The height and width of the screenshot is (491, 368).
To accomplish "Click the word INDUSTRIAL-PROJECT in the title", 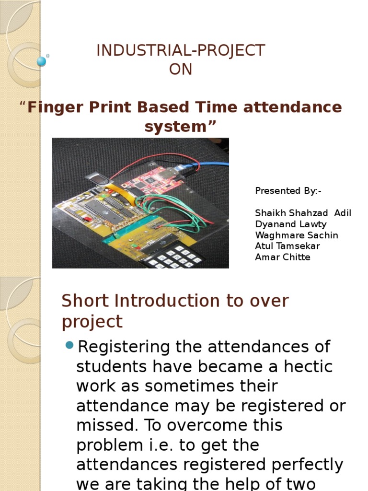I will pyautogui.click(x=180, y=50).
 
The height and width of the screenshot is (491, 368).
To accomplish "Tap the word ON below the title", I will pyautogui.click(x=180, y=70).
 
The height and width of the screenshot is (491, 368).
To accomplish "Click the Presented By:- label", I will pyautogui.click(x=288, y=191).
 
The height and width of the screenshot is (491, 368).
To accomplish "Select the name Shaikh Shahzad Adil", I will pyautogui.click(x=303, y=213).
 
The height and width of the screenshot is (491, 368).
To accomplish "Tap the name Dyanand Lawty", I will pyautogui.click(x=290, y=224).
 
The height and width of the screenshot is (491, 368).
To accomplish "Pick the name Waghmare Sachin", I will pyautogui.click(x=297, y=235).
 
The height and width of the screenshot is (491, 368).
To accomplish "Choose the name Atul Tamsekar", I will pyautogui.click(x=287, y=246).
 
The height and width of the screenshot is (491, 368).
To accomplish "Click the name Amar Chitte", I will pyautogui.click(x=283, y=257).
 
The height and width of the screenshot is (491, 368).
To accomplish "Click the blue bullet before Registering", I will pyautogui.click(x=69, y=345).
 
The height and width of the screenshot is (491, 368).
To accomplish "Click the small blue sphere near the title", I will pyautogui.click(x=41, y=61).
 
